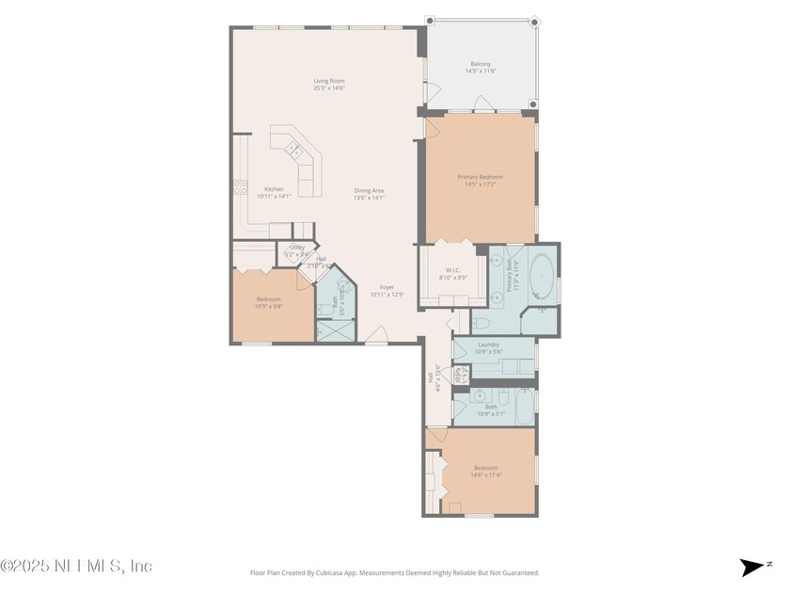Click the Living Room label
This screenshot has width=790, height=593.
tap(329, 81)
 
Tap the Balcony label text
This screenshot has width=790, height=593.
tap(480, 64)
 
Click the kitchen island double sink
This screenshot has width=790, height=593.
tap(293, 148)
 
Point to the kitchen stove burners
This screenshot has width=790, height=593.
tap(240, 186)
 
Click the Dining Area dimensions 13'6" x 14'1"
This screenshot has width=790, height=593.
tap(369, 197)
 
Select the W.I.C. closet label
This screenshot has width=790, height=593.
tap(452, 270)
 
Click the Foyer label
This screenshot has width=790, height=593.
tap(387, 287)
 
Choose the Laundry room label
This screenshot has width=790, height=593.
tap(488, 345)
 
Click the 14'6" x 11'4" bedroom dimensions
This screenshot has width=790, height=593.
tap(485, 474)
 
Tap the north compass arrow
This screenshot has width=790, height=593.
tap(754, 567)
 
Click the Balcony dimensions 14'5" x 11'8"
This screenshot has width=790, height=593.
tap(480, 71)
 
